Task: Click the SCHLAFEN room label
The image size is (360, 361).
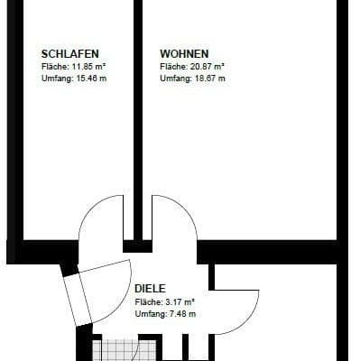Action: click(70, 53)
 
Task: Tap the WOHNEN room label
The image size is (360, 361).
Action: click(184, 53)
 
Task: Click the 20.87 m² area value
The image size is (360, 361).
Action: click(207, 67)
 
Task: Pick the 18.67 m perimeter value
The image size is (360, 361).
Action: click(208, 79)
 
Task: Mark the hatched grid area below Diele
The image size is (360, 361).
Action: click(115, 350)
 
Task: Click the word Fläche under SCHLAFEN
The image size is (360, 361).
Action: click(54, 67)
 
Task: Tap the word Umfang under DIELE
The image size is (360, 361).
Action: click(147, 313)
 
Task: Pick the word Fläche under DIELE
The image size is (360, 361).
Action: click(146, 301)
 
